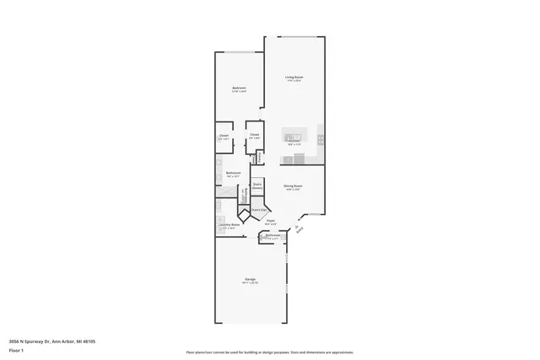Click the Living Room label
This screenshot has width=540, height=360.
294,77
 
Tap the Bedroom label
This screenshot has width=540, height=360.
239,89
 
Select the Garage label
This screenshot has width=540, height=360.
251,279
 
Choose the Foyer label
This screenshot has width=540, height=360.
271,221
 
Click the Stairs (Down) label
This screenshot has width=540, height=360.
257,186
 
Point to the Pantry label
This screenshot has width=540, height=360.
260,156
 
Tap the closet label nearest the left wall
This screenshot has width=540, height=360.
224,136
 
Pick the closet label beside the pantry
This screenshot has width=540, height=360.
253,136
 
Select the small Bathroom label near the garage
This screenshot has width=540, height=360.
273,236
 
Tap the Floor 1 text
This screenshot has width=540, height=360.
16,350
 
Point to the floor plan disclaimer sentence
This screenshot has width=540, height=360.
269,352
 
